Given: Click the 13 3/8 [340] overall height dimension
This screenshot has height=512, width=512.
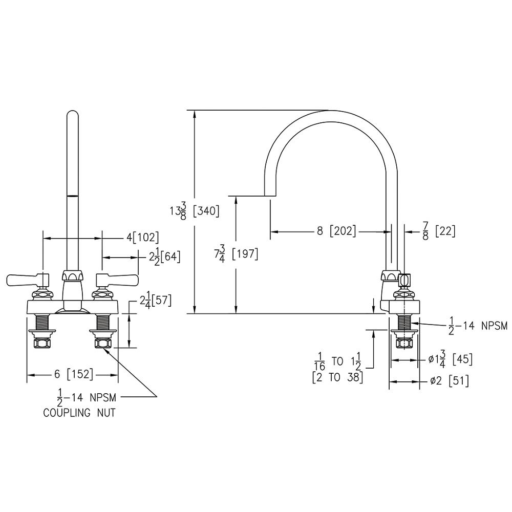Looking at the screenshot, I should click(195, 211).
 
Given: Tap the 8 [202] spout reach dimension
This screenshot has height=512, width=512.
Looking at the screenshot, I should click(336, 231).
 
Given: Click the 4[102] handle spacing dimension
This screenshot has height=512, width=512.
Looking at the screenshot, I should click(142, 238).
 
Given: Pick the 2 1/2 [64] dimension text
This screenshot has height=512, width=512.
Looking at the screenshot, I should click(164, 256).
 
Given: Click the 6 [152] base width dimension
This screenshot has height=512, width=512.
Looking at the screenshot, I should click(74, 374).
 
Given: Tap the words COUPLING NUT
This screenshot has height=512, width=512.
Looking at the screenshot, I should click(79, 413).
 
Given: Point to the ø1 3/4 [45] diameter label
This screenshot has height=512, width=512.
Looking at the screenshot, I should click(450, 360).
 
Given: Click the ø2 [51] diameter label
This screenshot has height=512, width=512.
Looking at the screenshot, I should click(449, 381).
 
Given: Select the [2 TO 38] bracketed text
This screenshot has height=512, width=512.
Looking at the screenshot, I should click(337, 378).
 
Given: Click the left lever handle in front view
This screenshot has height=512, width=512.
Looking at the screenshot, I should click(28, 280).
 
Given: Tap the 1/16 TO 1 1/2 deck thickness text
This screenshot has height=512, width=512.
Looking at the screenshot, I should click(337, 361).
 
